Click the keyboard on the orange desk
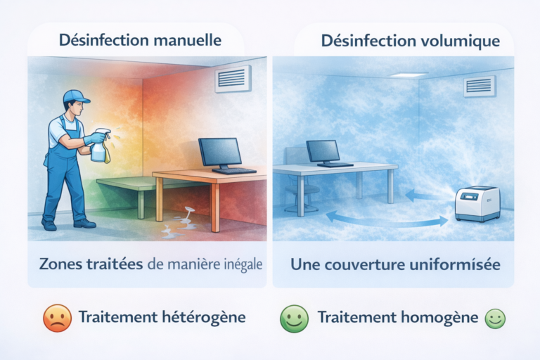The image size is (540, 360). coord(233,171)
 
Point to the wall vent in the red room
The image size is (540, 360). coord(232,78)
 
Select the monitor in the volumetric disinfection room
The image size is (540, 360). coord(323,150)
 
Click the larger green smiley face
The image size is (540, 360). coord(295,318)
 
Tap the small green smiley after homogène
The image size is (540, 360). coord(495,319)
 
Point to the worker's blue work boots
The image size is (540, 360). coord(67,224)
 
